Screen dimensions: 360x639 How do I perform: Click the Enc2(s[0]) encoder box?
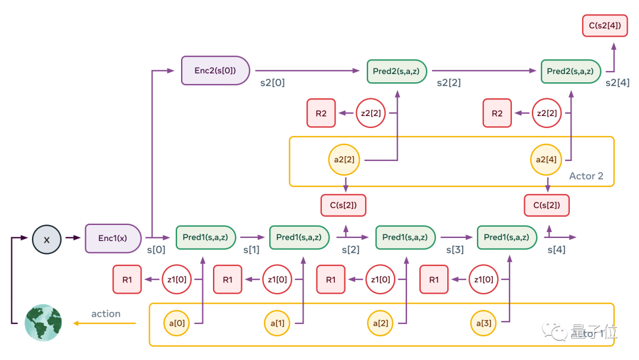pos(215,70)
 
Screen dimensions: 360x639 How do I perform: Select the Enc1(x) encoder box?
pos(114,238)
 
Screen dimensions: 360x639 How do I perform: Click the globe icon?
pos(43,323)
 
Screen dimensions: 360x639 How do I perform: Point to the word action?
pos(106,314)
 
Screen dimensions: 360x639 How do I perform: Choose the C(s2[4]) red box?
pos(605,25)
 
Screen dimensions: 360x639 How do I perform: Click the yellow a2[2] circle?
pos(344,160)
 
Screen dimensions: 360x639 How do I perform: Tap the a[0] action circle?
pos(177,323)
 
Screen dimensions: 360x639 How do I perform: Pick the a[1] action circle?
pos(278,323)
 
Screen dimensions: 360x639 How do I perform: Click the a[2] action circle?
pos(380,323)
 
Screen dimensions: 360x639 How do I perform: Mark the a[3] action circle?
pos(484,323)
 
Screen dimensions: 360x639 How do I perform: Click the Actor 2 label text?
pos(586,176)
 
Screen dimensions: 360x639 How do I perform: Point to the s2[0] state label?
pos(272,83)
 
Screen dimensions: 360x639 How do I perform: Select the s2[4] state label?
pos(618,83)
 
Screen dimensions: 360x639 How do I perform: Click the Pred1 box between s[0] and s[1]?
pos(206,237)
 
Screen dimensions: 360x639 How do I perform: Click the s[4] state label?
pos(556,250)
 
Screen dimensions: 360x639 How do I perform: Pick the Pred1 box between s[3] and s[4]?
pos(508,237)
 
